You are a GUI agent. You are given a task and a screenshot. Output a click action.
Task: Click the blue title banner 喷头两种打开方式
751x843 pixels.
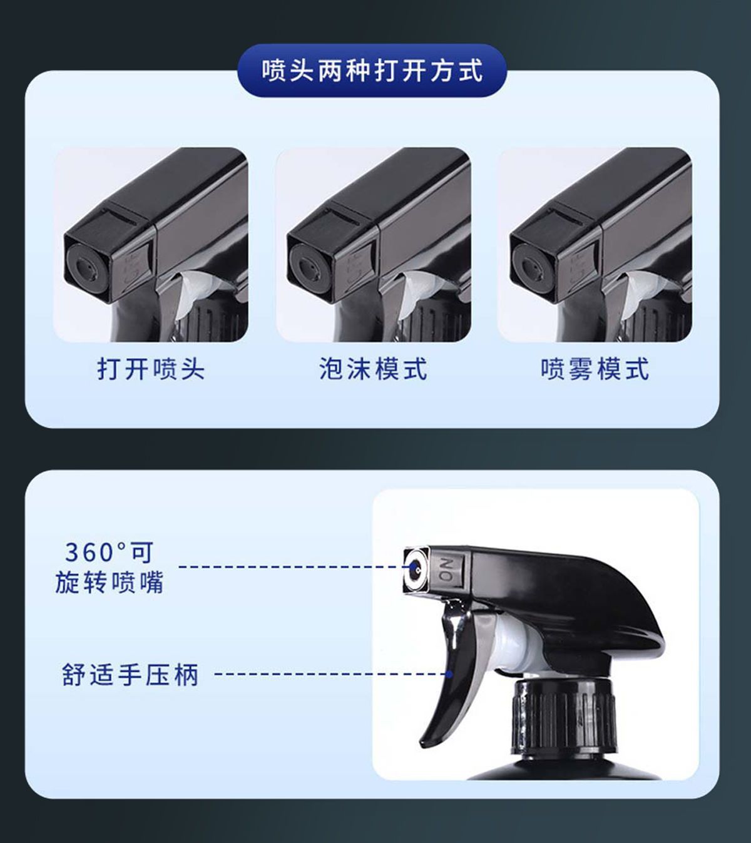point(372,70)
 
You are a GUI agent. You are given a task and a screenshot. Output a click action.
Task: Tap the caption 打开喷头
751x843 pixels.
point(151,369)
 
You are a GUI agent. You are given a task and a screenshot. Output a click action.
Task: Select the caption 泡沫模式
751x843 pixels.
point(373,369)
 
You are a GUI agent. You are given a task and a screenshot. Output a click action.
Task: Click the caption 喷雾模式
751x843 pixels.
point(595,369)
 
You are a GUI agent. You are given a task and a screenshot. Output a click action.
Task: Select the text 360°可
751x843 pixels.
point(110,552)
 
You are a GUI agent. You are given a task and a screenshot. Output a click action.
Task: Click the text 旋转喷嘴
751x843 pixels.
point(110,582)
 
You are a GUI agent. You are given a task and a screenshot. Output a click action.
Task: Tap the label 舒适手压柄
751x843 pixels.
point(130,675)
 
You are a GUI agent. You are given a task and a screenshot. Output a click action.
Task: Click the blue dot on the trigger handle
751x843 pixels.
point(449,674)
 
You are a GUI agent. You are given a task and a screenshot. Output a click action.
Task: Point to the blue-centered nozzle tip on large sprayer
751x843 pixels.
point(415,567)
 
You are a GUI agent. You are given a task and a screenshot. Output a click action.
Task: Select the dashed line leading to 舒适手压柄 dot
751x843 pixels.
point(331,674)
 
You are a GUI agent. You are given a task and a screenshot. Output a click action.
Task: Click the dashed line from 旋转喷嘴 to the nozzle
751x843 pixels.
point(295,567)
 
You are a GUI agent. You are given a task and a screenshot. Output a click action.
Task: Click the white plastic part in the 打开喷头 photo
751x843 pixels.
point(195,291)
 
